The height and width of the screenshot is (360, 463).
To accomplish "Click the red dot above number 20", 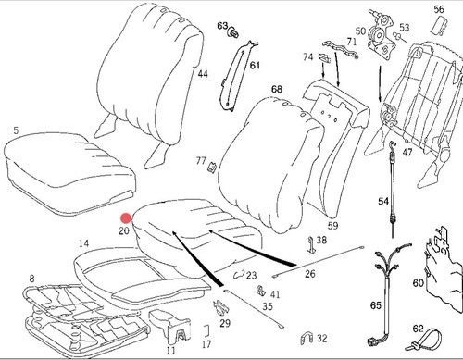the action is pos(126,218).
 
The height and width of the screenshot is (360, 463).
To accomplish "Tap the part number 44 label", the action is pos(203,74).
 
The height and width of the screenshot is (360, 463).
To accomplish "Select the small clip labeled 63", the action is pos(233,32).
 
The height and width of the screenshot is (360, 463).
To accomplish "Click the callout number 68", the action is pos(277,89).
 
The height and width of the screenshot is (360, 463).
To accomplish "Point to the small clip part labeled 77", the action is pos(212,168).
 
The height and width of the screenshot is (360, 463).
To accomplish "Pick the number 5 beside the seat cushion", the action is pos(16,130).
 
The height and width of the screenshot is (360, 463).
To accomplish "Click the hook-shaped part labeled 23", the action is pos(239,274).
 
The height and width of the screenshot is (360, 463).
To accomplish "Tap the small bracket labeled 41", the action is pos(261,290).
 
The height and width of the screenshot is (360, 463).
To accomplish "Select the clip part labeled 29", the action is pos(220,308).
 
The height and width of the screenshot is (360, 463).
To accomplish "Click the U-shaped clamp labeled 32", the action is pos(307,339).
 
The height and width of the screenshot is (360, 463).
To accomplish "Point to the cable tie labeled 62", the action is pos(425,341).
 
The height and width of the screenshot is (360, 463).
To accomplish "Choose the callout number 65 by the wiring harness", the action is pos(376,305).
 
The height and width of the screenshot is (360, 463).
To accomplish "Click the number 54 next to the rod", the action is pos(383,202).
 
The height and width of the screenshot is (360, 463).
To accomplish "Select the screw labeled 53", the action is pos(398,37).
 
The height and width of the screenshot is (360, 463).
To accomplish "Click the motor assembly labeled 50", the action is pos(382,35).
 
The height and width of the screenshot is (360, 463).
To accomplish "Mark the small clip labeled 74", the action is pos(325,57).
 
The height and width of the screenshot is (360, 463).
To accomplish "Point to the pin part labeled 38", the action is pos(312,245).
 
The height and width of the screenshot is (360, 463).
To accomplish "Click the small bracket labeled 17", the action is pos(207,330).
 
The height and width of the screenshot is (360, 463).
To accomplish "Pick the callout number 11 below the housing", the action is pos(170,350).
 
